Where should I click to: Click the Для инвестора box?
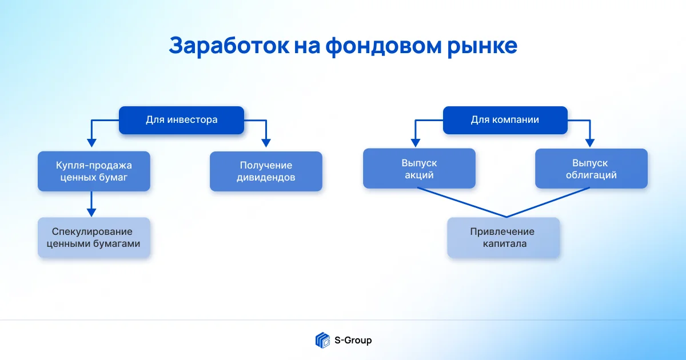click(181, 120)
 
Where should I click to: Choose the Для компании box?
click(505, 120)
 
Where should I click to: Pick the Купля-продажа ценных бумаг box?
click(94, 171)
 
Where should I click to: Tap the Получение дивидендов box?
click(266, 171)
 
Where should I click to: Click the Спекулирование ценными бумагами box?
click(94, 238)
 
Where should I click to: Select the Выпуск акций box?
click(419, 169)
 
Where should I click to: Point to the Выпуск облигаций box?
click(591, 169)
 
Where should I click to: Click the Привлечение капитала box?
click(502, 238)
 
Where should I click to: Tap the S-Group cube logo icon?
click(322, 340)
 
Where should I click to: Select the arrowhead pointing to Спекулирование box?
click(91, 212)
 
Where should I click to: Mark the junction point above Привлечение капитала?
click(506, 217)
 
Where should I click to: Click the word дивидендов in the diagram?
click(266, 177)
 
